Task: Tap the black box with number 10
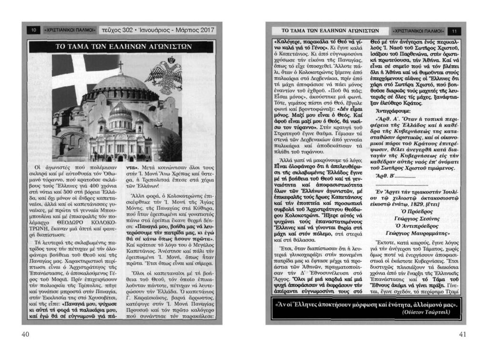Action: click(x=34, y=30)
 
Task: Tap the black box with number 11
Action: click(x=454, y=31)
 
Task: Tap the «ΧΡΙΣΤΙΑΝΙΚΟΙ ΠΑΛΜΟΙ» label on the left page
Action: click(x=70, y=30)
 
